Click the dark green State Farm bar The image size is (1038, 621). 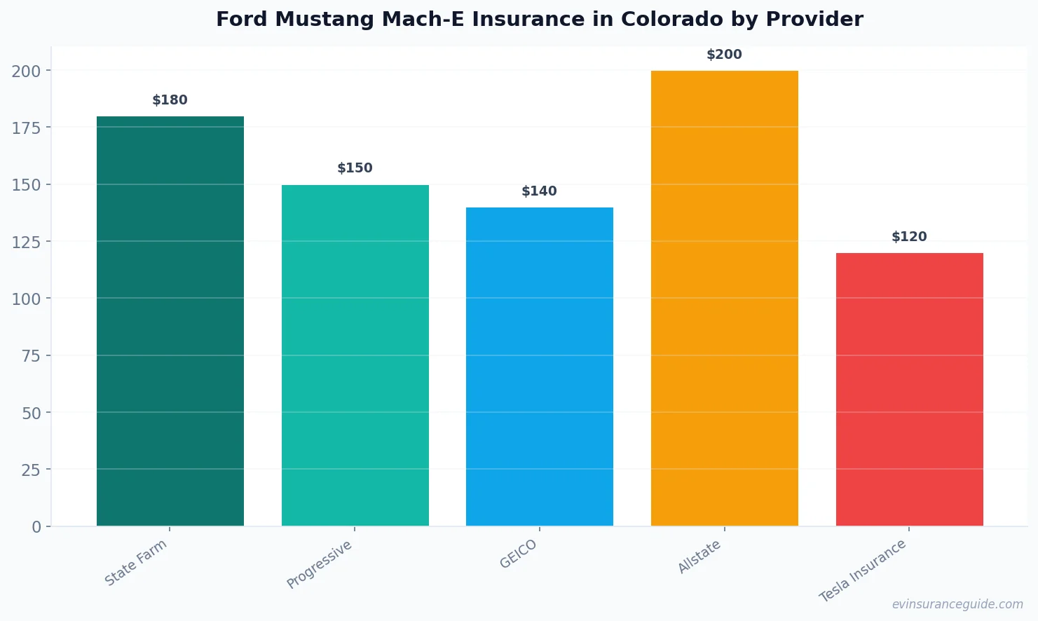[170, 321]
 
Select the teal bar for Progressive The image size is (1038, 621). [355, 355]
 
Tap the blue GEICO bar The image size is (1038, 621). [539, 367]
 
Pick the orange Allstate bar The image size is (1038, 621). [724, 298]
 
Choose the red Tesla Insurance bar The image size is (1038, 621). [909, 389]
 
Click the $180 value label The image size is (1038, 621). [170, 100]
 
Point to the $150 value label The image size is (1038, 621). [355, 168]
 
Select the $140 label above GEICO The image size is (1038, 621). [539, 191]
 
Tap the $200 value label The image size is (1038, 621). [724, 55]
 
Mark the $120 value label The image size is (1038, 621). [909, 237]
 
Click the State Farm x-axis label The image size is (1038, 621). [136, 562]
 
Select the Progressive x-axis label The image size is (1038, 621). [320, 564]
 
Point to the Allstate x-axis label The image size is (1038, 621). [699, 557]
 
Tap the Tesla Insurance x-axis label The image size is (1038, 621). [863, 571]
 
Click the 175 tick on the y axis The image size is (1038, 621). [26, 128]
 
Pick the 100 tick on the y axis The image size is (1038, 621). [26, 299]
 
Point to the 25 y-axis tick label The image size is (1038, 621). [31, 470]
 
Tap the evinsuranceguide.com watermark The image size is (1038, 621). [957, 604]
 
